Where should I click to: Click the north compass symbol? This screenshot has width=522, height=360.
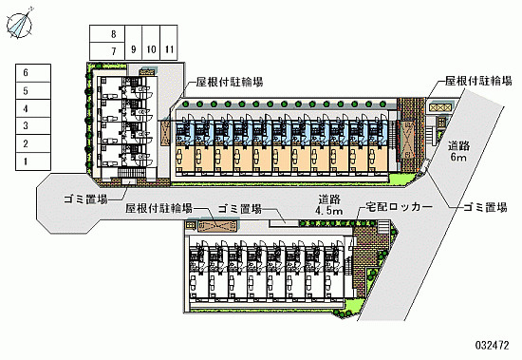click(x=20, y=24)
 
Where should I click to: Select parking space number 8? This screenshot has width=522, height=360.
click(x=107, y=33)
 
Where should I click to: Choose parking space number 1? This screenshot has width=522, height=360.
click(x=33, y=161)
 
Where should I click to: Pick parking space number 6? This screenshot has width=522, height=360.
click(x=33, y=73)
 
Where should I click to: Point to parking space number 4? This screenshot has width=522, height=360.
click(x=33, y=108)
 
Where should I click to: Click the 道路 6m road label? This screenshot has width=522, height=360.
click(x=458, y=151)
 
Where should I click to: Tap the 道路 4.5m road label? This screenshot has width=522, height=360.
click(x=329, y=204)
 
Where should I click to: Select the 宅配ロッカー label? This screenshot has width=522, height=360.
click(x=399, y=207)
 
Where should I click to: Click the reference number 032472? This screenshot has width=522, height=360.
click(x=492, y=345)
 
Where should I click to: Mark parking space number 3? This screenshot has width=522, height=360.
click(x=33, y=126)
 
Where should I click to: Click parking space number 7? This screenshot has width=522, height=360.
click(x=107, y=51)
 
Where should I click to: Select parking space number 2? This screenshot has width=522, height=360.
click(x=33, y=144)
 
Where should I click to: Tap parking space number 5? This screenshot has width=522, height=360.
click(x=33, y=90)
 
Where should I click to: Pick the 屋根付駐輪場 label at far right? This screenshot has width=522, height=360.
click(x=478, y=81)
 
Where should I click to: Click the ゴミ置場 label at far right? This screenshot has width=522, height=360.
click(x=485, y=207)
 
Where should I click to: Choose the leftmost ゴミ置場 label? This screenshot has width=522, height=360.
click(x=85, y=199)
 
